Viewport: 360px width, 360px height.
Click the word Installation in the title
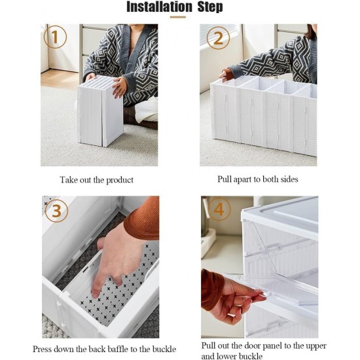coord(159,7)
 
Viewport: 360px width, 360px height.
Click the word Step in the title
coord(210,7)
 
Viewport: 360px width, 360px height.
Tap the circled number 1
coord(55,37)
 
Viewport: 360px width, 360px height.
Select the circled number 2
coord(218,38)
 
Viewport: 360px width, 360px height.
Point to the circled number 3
coord(56,211)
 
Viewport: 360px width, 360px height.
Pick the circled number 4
coord(219,209)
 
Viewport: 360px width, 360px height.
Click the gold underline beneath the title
coord(177,17)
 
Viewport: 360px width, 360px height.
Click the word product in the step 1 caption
coord(119,180)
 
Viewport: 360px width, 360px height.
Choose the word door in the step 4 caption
coord(253,346)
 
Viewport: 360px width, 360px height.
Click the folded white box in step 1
coord(101,111)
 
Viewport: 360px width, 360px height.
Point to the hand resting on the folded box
coord(119,88)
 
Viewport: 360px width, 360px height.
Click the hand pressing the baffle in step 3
coord(116,259)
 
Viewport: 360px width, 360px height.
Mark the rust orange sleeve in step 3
coord(143,218)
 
